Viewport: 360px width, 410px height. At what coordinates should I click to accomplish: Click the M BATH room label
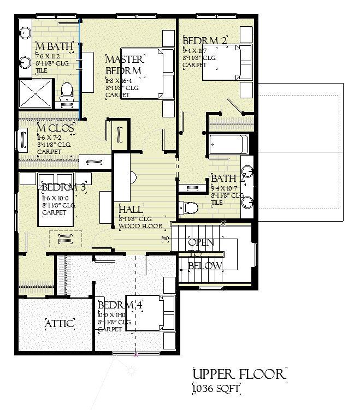tap(48, 45)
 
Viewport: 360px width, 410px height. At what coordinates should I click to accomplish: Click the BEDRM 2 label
tap(205, 40)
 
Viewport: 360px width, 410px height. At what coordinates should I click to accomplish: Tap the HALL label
tap(131, 210)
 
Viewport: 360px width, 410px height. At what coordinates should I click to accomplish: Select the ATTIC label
tap(59, 324)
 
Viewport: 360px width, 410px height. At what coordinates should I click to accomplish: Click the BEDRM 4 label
tap(120, 305)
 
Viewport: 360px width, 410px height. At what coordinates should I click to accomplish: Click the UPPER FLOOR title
tap(239, 374)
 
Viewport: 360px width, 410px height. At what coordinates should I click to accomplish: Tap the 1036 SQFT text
tap(216, 388)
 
